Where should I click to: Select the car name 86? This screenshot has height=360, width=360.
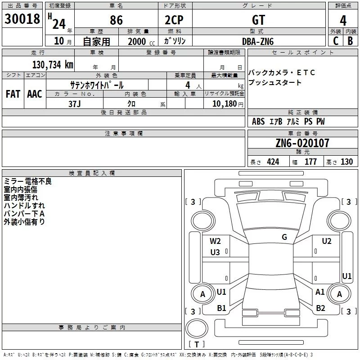(x=117, y=19)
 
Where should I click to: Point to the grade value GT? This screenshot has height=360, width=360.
(x=258, y=19)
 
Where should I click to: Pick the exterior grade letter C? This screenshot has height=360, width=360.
(x=336, y=41)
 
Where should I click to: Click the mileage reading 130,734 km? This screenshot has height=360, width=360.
(x=53, y=64)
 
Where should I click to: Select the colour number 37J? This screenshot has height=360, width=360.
(x=75, y=103)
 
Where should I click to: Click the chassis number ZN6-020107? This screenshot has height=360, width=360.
(x=302, y=144)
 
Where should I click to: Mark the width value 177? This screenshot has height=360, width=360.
(x=311, y=162)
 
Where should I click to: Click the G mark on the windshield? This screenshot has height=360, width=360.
(x=284, y=237)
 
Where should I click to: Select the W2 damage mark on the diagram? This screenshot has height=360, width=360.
(x=215, y=241)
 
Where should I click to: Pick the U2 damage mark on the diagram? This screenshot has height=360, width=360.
(x=327, y=241)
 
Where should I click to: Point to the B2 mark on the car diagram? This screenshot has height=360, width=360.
(x=320, y=308)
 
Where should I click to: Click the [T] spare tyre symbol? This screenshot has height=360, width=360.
(x=197, y=345)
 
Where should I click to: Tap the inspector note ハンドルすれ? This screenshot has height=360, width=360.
(x=21, y=206)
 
